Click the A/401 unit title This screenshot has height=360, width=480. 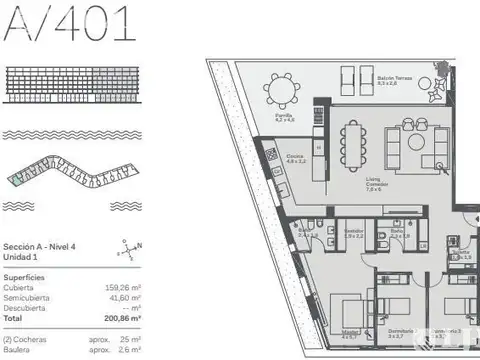(69, 24)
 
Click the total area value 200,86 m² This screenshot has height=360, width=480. (122, 317)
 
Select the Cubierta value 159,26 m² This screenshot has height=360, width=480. (122, 288)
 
